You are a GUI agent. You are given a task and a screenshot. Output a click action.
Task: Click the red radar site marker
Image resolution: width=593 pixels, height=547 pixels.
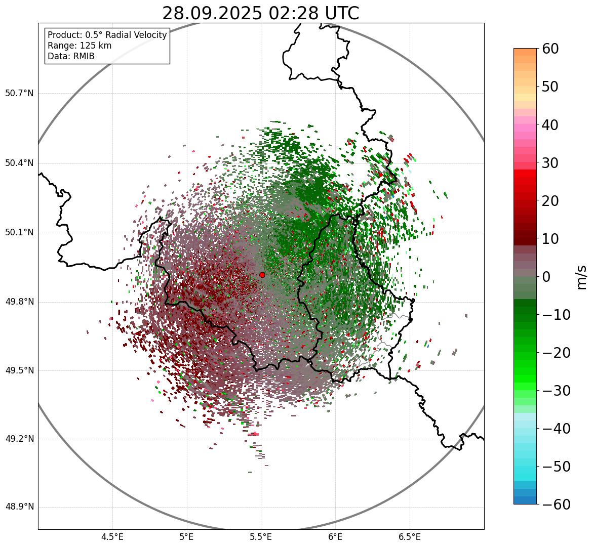coord(262,275)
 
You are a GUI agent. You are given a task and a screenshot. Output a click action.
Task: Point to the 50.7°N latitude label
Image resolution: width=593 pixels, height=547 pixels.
coord(19,94)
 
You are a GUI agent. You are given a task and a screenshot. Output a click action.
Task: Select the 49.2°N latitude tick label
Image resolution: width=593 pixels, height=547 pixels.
coord(19,439)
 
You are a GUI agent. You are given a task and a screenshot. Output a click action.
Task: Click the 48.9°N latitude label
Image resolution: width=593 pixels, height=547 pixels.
coord(19,507)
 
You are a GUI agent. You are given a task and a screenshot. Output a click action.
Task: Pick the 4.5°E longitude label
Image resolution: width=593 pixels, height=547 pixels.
coord(112,537)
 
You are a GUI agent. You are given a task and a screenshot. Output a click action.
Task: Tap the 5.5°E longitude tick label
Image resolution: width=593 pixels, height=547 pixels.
coord(261,537)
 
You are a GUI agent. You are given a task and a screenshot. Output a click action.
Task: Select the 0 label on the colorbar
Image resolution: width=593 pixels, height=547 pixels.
coord(546,277)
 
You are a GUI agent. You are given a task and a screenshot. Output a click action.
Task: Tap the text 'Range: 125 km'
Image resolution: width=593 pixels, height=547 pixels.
coord(80,46)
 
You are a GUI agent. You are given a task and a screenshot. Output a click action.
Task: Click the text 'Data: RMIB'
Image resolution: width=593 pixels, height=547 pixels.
coord(71,56)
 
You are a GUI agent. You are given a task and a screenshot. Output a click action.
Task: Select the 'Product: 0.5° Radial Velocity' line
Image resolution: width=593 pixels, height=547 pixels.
coord(107,35)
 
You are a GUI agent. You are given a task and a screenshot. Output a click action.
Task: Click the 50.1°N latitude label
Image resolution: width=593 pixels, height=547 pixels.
coord(19,233)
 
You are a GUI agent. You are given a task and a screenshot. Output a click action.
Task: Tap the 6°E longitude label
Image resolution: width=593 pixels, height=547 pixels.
coord(335,537)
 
